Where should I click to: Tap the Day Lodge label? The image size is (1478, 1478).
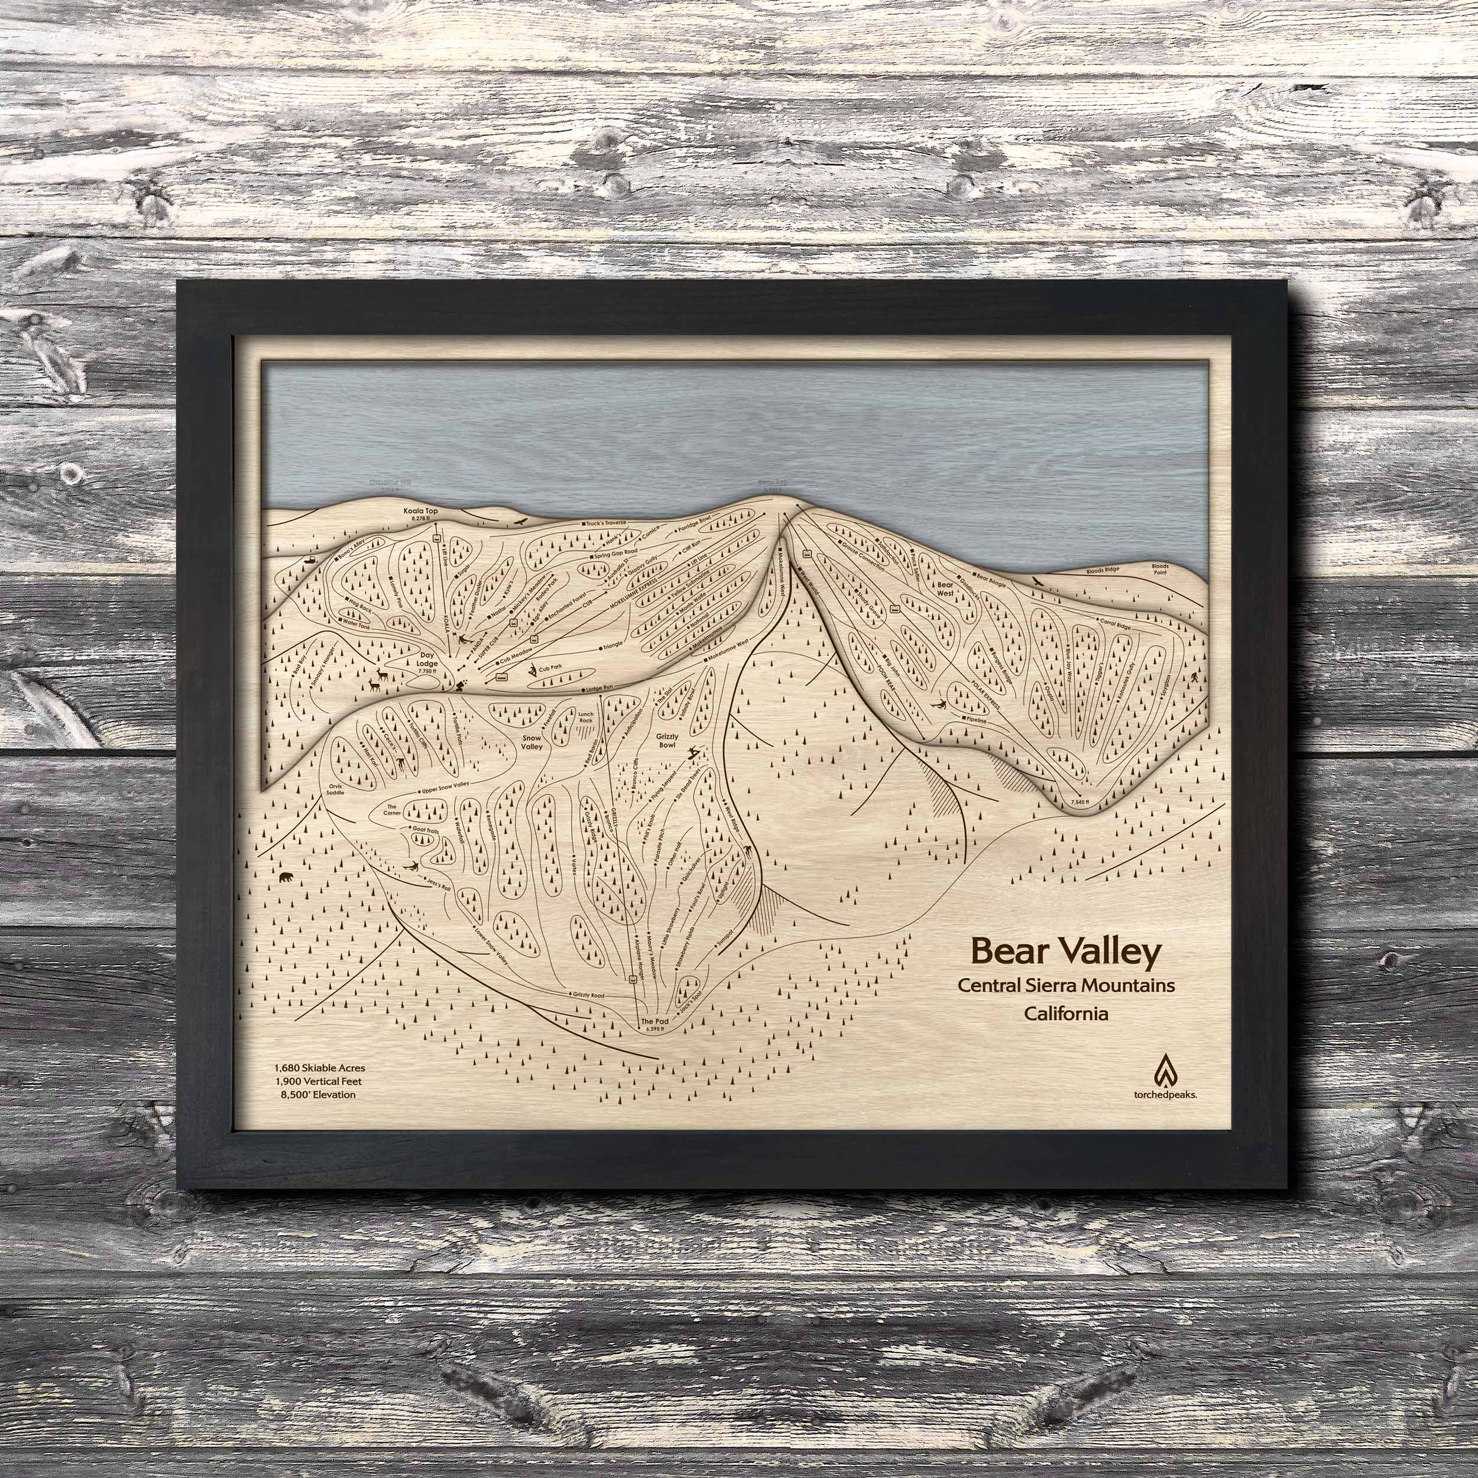point(432,661)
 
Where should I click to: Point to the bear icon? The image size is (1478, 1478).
point(287,877)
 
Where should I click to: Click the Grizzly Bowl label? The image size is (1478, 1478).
point(667,739)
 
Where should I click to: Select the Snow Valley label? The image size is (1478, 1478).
point(531,742)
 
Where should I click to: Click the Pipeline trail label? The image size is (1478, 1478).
point(977,721)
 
